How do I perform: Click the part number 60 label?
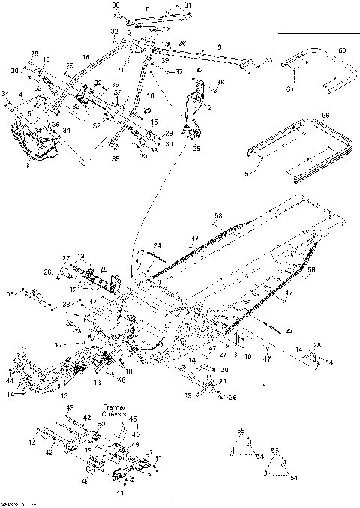342,50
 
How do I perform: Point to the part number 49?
135,444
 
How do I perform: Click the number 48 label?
86,482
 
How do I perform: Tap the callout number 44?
9,381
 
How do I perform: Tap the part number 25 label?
103,269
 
